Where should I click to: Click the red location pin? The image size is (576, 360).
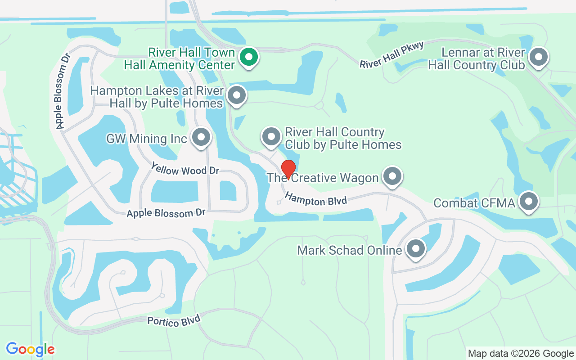[288, 169]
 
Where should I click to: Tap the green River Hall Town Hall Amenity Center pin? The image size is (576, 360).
[248, 57]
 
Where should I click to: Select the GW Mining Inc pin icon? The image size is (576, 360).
[201, 137]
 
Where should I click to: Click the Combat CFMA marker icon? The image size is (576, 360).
[529, 201]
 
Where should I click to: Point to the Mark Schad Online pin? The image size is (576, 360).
[415, 248]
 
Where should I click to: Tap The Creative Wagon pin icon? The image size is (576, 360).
[392, 176]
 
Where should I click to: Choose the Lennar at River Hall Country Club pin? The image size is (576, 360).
[538, 57]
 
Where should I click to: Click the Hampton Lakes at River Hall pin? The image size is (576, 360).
[237, 95]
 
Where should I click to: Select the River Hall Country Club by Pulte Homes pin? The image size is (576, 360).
[271, 136]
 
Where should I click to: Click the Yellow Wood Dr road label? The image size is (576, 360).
[185, 170]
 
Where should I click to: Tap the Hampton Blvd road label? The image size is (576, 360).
[316, 199]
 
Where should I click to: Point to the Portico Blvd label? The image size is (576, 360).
[173, 321]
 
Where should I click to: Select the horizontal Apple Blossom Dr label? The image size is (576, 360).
[166, 212]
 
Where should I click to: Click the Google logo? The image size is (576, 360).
[31, 349]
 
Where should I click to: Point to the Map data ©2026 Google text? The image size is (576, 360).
[521, 353]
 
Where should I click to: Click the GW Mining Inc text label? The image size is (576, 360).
[146, 138]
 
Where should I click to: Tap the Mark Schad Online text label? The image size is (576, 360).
[349, 250]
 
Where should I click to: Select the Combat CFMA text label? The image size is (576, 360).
[474, 203]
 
